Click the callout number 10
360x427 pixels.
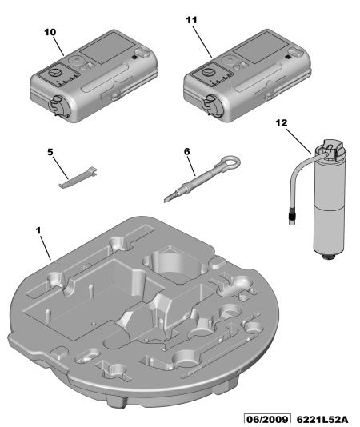point(50,32)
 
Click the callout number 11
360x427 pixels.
point(191,20)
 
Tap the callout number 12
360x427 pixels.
point(282,123)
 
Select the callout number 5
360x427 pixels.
point(50,152)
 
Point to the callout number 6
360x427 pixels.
point(187,151)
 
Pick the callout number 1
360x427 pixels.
point(38,231)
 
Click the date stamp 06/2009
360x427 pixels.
point(267,420)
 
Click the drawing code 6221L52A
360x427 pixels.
point(322,420)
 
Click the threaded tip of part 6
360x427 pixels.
point(170,197)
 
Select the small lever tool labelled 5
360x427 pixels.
point(78,177)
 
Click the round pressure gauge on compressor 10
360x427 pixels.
point(55,73)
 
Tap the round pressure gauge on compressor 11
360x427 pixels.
point(208,73)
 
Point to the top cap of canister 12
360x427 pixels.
point(332,148)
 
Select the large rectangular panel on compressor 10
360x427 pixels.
point(107,48)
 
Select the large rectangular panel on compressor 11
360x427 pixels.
point(261,48)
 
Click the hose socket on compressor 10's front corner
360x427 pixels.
point(59,106)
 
